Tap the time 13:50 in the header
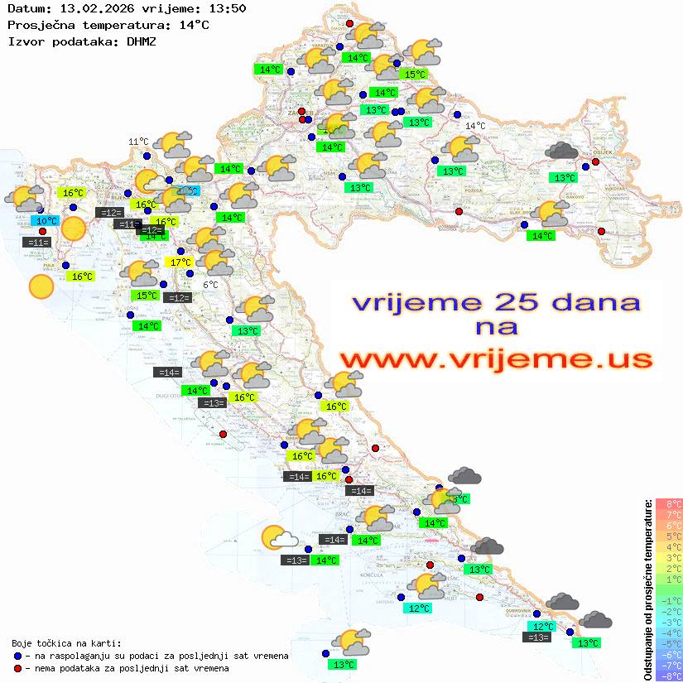point(228,9)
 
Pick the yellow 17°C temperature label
point(180,262)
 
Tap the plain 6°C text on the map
point(210,285)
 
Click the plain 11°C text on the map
point(138,142)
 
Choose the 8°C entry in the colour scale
point(669,503)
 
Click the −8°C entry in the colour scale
point(668,676)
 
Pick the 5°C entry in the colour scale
point(669,536)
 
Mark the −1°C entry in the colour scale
point(668,600)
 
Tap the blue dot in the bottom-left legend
point(17,656)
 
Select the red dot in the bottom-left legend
point(17,668)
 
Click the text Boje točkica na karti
point(66,643)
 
